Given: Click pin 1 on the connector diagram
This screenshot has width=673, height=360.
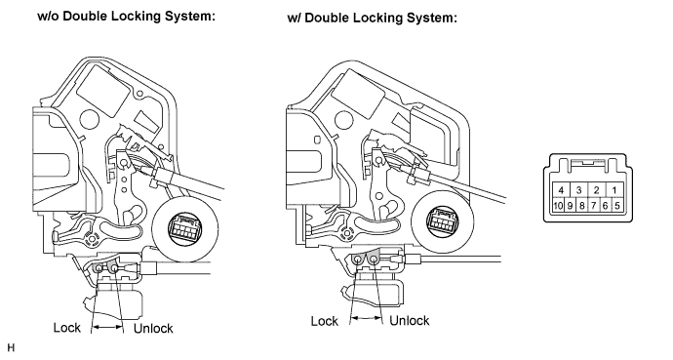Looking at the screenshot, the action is click(614, 190).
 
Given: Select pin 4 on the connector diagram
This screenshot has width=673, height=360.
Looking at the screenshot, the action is click(561, 190).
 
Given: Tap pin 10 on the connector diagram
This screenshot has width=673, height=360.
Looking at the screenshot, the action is click(558, 206).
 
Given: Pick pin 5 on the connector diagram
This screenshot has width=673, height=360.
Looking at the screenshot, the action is click(616, 206).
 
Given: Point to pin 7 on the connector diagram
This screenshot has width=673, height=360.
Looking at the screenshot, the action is click(593, 206).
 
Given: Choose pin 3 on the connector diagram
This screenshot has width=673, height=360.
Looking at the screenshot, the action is click(578, 190).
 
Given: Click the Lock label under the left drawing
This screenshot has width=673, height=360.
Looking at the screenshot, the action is click(67, 328).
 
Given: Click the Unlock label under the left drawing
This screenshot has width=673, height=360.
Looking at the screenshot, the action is click(153, 328).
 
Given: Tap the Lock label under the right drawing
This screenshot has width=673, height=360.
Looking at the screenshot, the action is click(325, 321).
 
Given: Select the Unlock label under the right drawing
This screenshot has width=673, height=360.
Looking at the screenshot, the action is click(410, 321).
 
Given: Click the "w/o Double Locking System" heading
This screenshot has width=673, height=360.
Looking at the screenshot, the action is click(126, 17).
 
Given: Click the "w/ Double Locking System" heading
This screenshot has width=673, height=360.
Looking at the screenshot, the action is click(373, 18).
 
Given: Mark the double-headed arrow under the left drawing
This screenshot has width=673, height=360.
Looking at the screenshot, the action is click(107, 328).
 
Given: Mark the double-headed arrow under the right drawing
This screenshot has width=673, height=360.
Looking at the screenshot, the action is click(366, 318).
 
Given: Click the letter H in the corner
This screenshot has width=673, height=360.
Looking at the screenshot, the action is click(11, 347).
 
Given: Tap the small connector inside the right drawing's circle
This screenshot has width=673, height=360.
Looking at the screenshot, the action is click(442, 220).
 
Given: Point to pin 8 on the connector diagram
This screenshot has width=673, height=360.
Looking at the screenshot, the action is click(581, 206).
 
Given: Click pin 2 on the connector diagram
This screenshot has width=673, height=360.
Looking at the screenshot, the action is click(596, 190).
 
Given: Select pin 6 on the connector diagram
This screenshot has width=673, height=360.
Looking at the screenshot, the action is click(605, 206).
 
